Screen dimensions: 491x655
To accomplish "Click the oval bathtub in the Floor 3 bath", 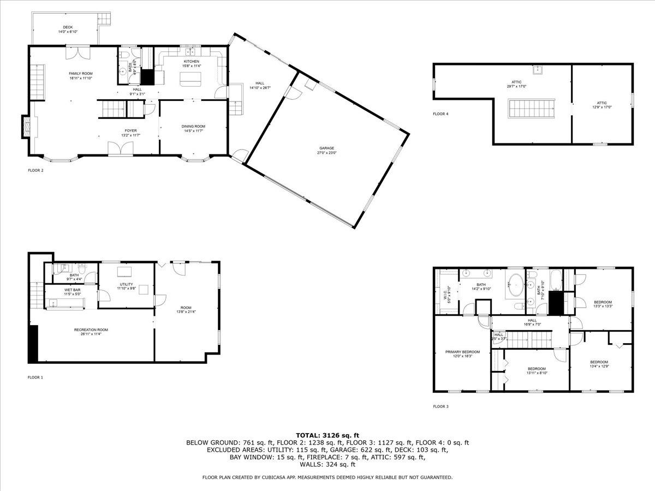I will (515, 285).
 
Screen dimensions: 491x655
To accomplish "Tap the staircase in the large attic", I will (532, 108).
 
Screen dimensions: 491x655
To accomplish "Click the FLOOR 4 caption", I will (440, 114).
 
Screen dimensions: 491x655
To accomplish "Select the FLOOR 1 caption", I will (35, 377).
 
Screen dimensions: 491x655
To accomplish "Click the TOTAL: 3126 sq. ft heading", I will (327, 435).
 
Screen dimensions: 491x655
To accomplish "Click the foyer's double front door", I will (120, 148).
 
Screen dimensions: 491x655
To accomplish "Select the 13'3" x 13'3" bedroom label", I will (603, 304).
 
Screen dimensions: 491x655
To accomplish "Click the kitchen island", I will (190, 81).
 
